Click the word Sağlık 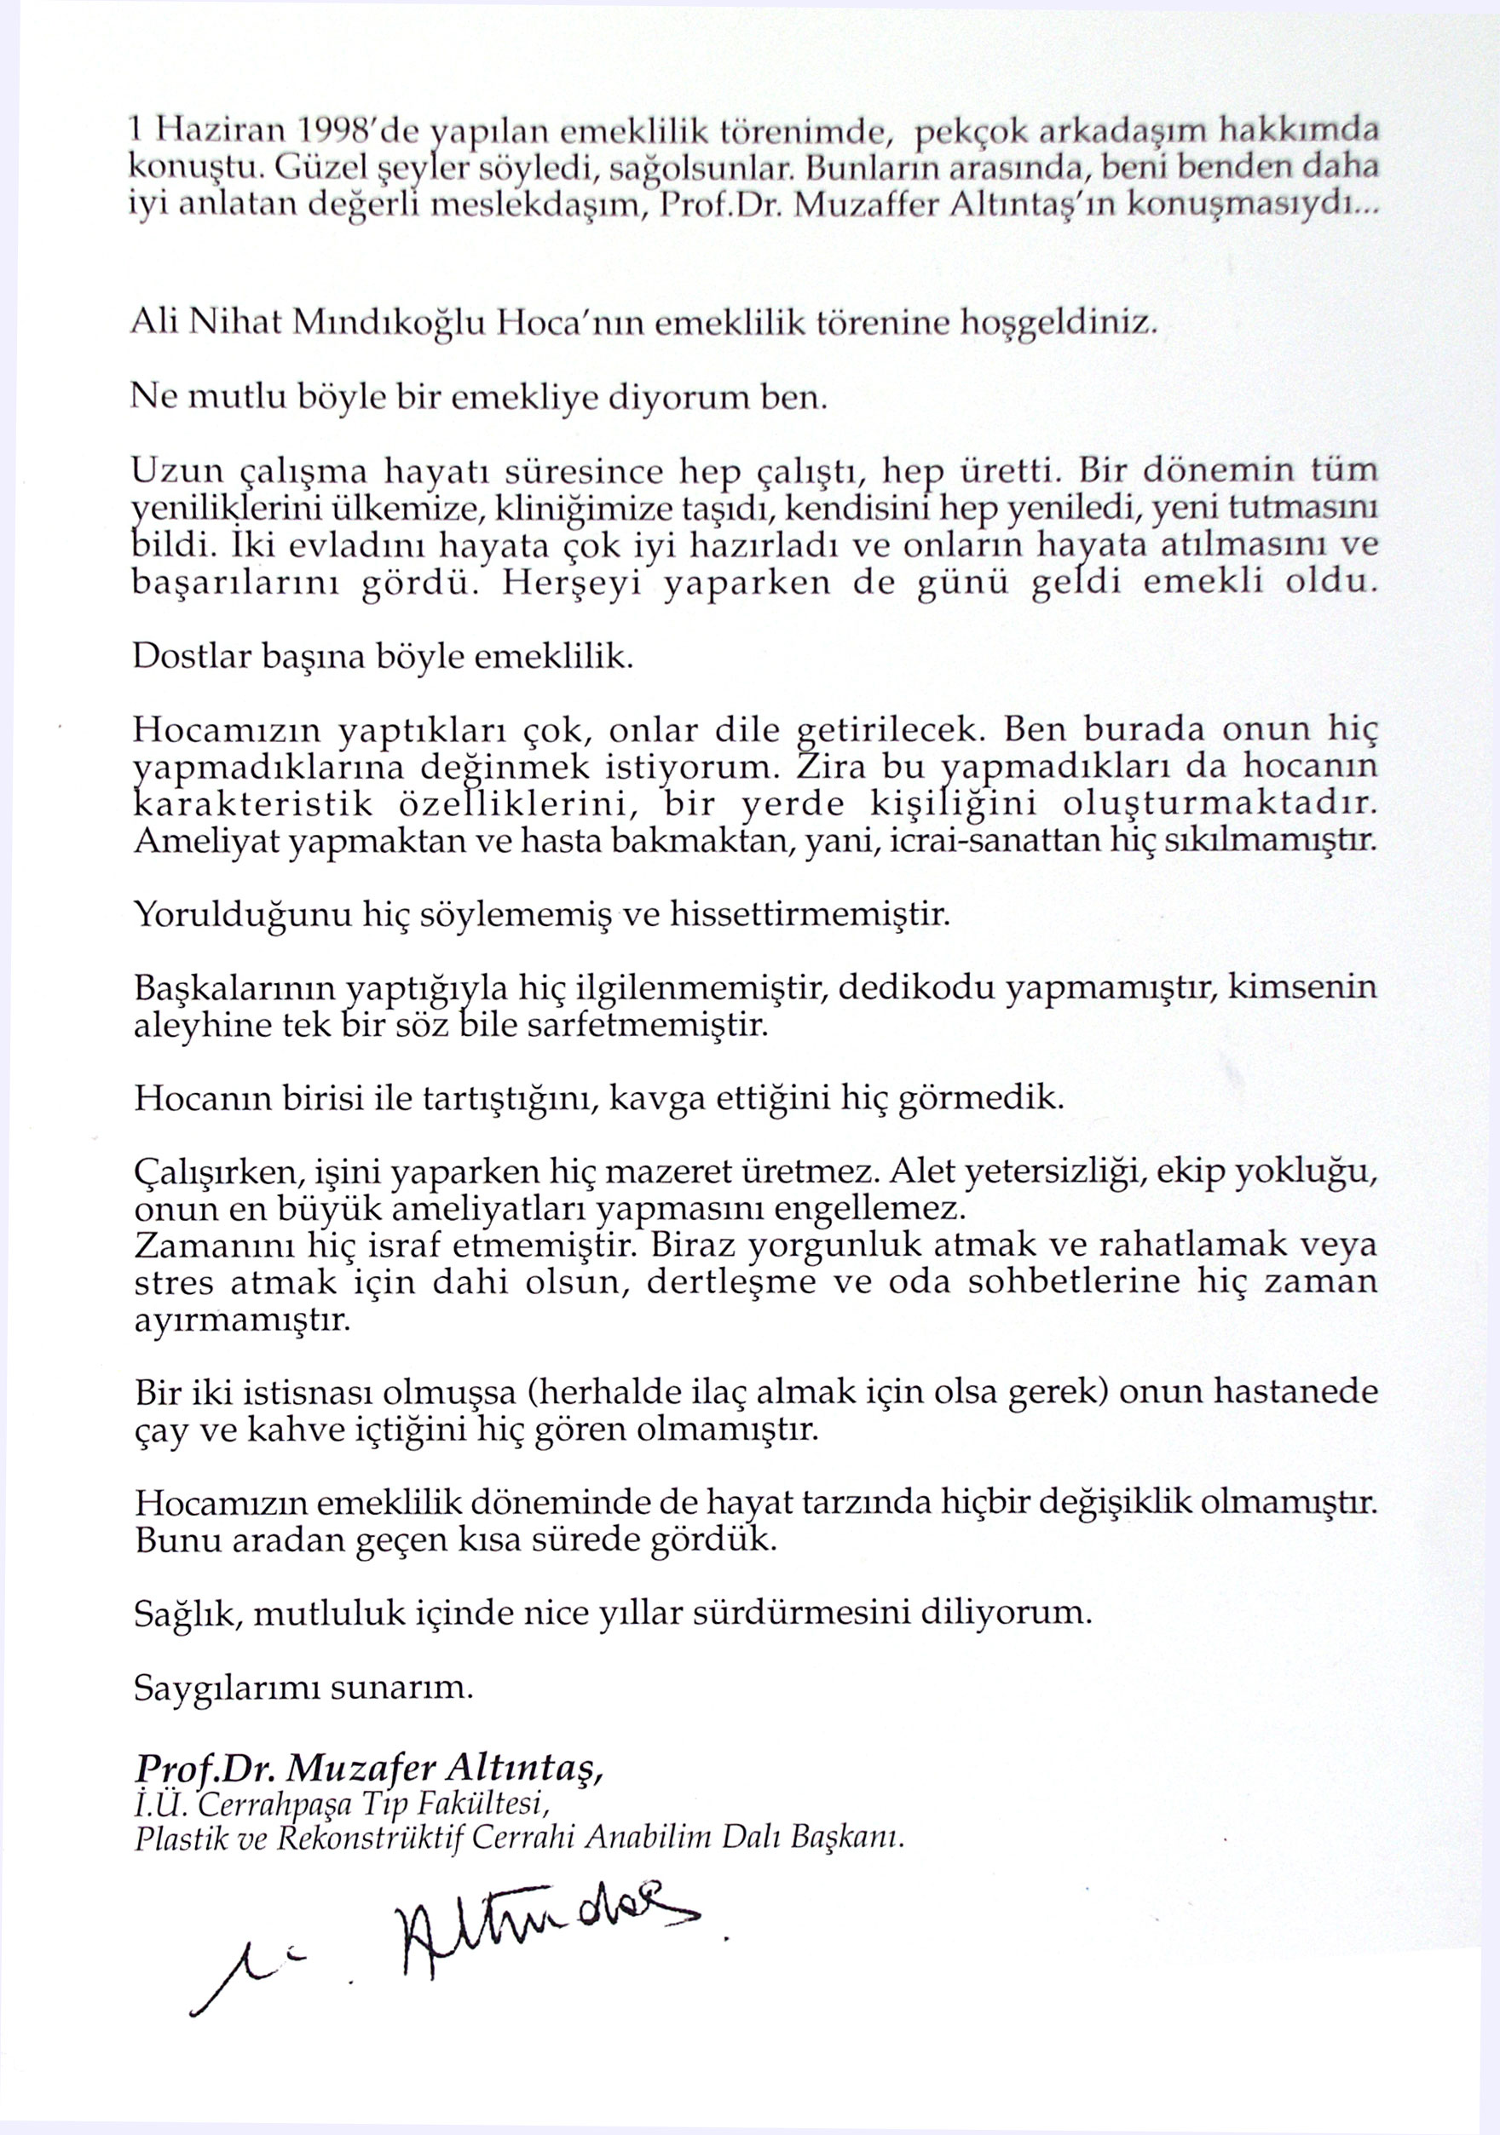click(x=189, y=1614)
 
